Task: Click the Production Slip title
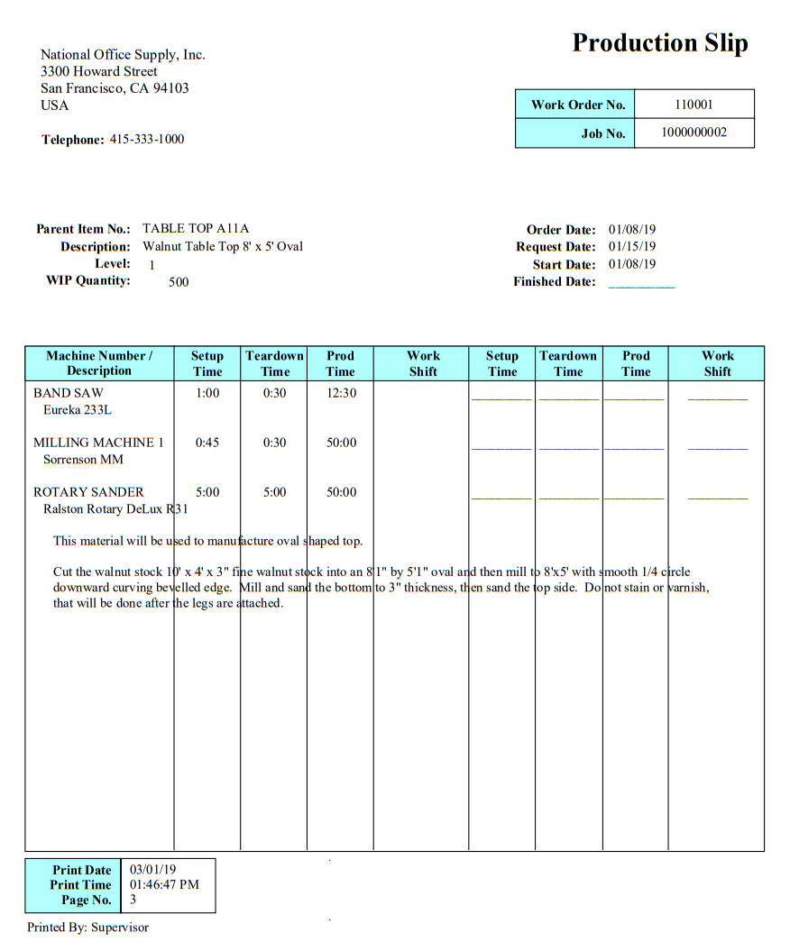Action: [x=660, y=42]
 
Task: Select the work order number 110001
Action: [x=694, y=104]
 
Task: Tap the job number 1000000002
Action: [x=694, y=133]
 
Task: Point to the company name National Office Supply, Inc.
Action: [x=123, y=54]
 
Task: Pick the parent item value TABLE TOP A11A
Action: [x=195, y=229]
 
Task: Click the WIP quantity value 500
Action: [x=179, y=281]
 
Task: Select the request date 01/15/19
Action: [x=631, y=246]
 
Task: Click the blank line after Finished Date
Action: [x=641, y=283]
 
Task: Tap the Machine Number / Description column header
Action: [x=99, y=362]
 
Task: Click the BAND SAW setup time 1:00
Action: [x=207, y=393]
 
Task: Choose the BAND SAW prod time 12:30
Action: [x=341, y=393]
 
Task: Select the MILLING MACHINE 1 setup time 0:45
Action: [x=207, y=443]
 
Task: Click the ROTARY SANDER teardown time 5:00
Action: [x=274, y=492]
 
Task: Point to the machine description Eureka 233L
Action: [x=77, y=410]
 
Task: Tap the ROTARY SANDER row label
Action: [x=88, y=492]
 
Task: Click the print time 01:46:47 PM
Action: [x=164, y=884]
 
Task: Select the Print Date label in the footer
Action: [x=81, y=870]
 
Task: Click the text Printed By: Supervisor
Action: [x=87, y=927]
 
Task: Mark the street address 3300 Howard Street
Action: [x=99, y=71]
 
